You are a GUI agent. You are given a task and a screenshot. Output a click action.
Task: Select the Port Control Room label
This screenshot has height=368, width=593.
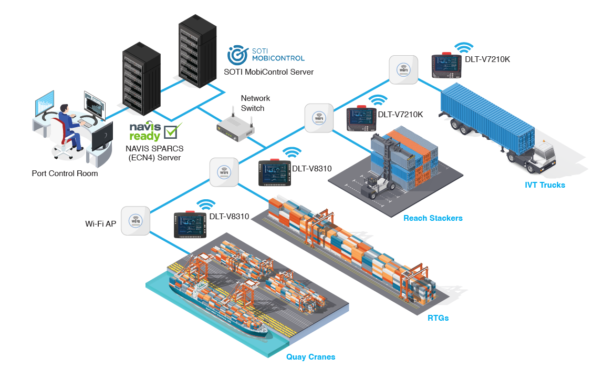point(65,173)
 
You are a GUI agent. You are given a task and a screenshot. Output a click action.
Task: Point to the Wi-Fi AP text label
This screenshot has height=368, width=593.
point(100,223)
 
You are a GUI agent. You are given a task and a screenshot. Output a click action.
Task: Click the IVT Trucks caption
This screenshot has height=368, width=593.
point(545,185)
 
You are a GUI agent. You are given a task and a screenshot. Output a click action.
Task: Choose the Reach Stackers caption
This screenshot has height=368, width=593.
point(433,218)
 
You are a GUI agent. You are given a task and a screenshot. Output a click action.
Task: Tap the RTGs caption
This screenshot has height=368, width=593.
point(438,318)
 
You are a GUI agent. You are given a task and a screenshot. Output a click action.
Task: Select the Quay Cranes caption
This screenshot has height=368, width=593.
point(310,357)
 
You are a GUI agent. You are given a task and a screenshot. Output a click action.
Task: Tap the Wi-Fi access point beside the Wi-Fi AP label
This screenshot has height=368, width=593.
point(136,221)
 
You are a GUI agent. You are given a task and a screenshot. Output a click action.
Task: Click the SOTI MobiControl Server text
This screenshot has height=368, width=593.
point(268,72)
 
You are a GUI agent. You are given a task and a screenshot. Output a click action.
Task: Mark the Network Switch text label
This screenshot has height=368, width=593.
point(255,103)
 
